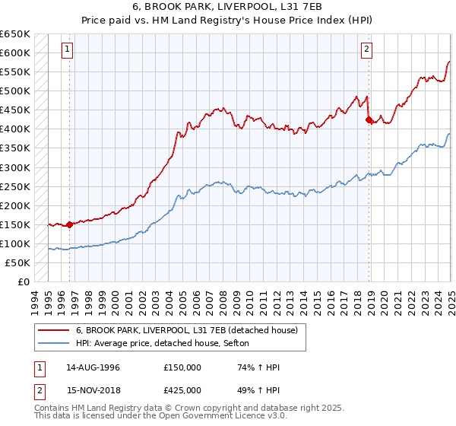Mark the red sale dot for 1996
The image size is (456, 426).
point(69,224)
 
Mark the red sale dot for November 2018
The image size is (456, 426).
point(369,119)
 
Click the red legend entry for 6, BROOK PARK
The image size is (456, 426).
point(190,330)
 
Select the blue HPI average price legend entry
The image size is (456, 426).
point(167,344)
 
